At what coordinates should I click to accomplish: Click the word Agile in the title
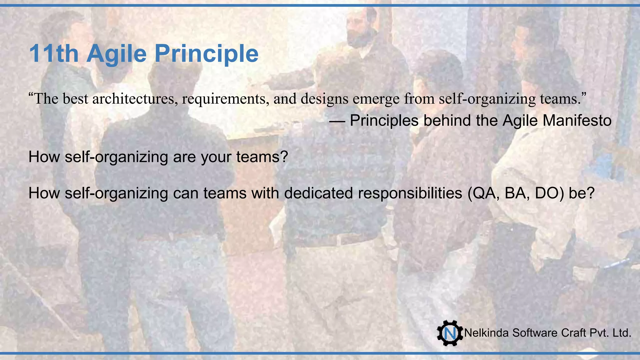click(x=116, y=54)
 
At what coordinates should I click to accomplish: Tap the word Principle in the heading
click(x=206, y=54)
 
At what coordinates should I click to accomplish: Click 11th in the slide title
click(x=53, y=54)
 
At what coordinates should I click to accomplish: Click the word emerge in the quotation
click(x=376, y=99)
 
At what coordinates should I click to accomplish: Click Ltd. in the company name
click(x=622, y=333)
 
